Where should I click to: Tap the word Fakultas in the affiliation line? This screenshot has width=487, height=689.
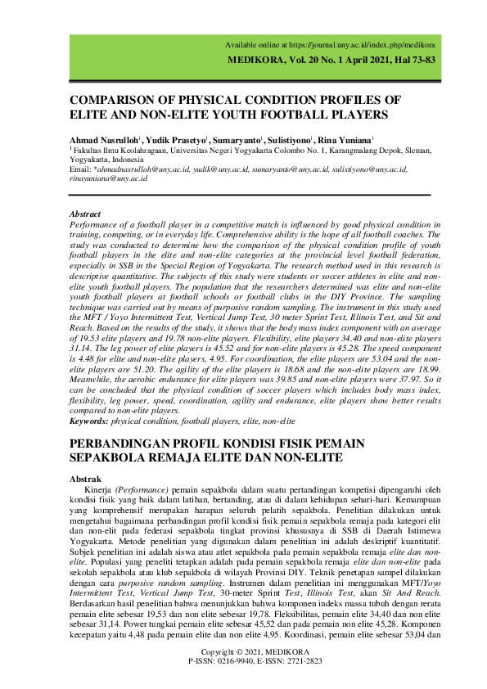pos(90,151)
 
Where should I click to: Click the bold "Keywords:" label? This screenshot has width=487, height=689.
pos(89,421)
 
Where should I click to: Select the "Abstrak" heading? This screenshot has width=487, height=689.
pos(85,479)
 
